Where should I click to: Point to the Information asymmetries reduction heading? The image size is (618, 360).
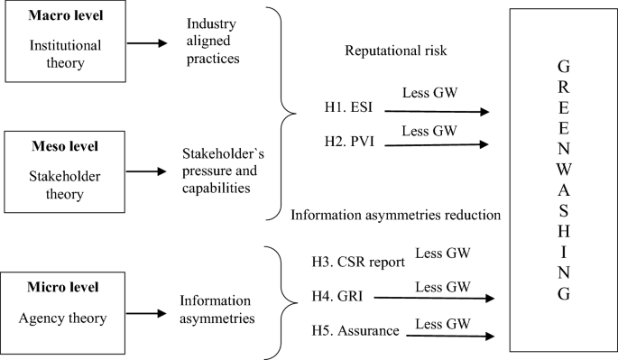coord(396,214)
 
